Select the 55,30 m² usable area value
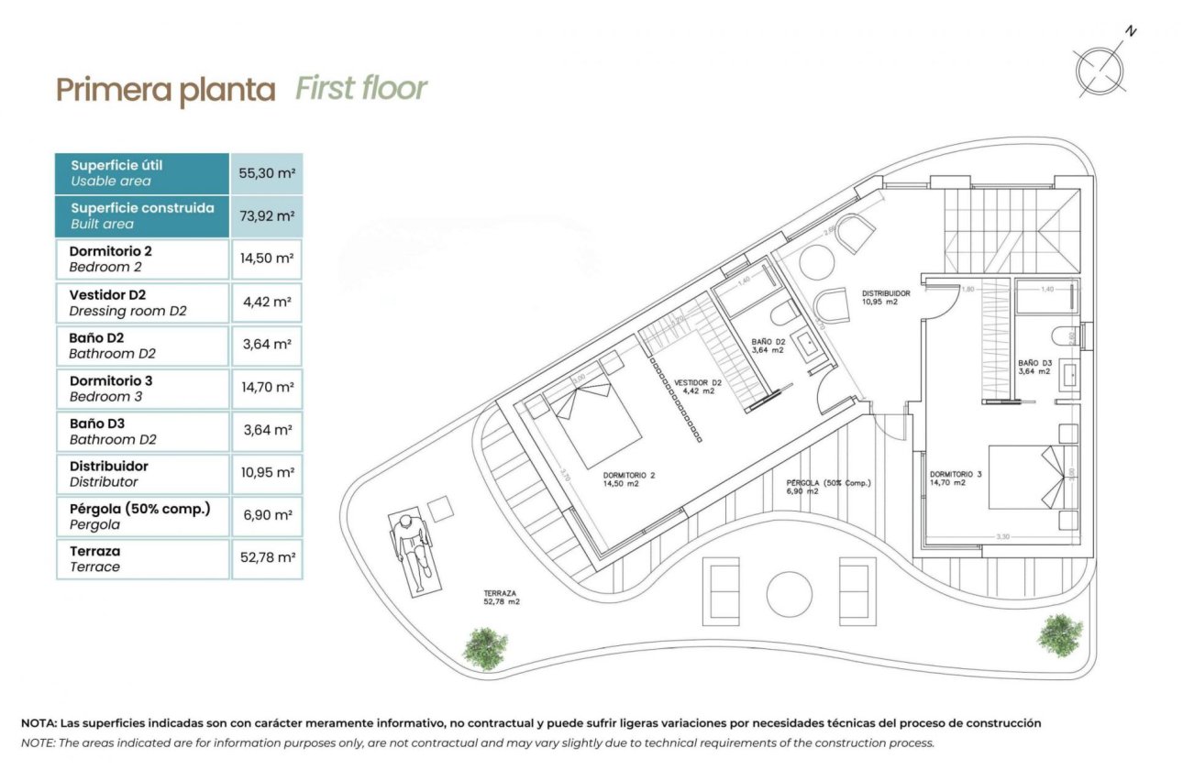[x=267, y=173]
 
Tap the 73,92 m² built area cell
[x=267, y=216]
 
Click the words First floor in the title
[x=361, y=89]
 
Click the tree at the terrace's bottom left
[x=484, y=647]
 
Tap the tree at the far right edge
[x=1059, y=633]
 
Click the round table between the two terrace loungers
[x=789, y=594]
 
